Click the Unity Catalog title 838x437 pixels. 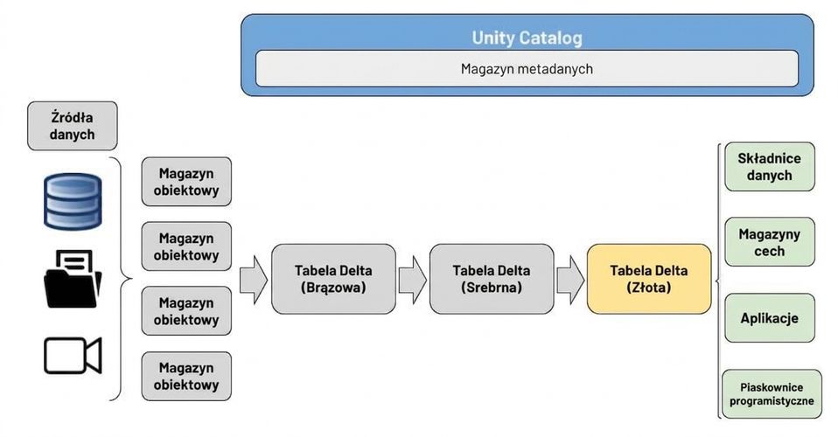pyautogui.click(x=527, y=38)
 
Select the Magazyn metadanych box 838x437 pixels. pyautogui.click(x=527, y=69)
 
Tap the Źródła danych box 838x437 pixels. pyautogui.click(x=72, y=126)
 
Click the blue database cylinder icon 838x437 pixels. pyautogui.click(x=73, y=201)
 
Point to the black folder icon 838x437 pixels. pyautogui.click(x=73, y=279)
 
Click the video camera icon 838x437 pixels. pyautogui.click(x=73, y=356)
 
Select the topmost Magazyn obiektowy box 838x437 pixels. pyautogui.click(x=186, y=182)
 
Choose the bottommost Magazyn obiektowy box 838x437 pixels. pyautogui.click(x=186, y=376)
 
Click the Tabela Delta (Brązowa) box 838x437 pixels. pyautogui.click(x=333, y=279)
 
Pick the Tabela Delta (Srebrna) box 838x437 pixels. pyautogui.click(x=492, y=279)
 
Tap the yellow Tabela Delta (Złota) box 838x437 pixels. pyautogui.click(x=649, y=279)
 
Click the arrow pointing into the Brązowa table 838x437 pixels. pyautogui.click(x=254, y=280)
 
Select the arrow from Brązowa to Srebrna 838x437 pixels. pyautogui.click(x=413, y=280)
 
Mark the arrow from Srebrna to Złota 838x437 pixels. pyautogui.click(x=571, y=280)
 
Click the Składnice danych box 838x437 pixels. pyautogui.click(x=770, y=167)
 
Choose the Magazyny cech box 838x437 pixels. pyautogui.click(x=770, y=242)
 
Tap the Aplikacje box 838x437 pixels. pyautogui.click(x=770, y=318)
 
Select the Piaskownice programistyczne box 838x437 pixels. pyautogui.click(x=772, y=394)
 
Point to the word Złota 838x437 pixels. pyautogui.click(x=649, y=288)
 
